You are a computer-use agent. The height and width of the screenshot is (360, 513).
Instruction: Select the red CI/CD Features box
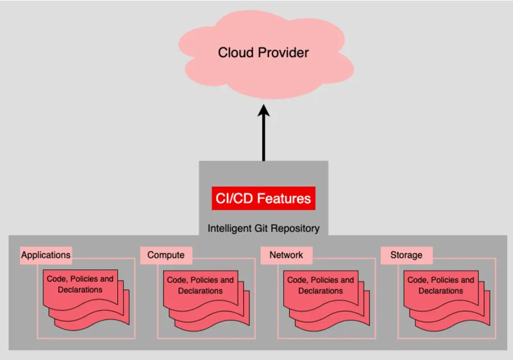pyautogui.click(x=263, y=198)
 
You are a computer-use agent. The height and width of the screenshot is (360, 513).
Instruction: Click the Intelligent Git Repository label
pyautogui.click(x=263, y=228)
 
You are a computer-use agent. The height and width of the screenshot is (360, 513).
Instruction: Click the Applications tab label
pyautogui.click(x=46, y=255)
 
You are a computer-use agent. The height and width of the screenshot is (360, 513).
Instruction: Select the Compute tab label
pyautogui.click(x=165, y=255)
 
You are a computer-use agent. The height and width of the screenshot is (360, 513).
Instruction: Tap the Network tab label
pyautogui.click(x=286, y=255)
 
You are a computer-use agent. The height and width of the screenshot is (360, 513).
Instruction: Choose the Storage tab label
pyautogui.click(x=406, y=255)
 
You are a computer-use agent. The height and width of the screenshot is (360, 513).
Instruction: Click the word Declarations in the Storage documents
pyautogui.click(x=441, y=291)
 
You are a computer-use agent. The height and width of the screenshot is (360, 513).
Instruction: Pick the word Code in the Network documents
pyautogui.click(x=297, y=280)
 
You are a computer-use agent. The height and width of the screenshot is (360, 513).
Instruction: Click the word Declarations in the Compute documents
pyautogui.click(x=200, y=291)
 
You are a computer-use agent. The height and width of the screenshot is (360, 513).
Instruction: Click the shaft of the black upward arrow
pyautogui.click(x=264, y=141)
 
